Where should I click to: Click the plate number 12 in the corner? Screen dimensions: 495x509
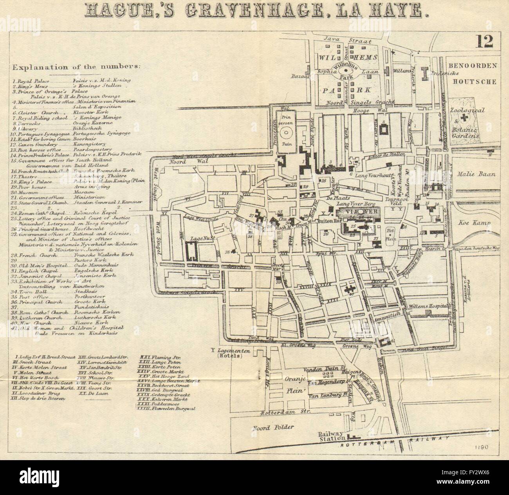click(x=484, y=42)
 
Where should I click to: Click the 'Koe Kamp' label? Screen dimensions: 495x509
click(x=475, y=224)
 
